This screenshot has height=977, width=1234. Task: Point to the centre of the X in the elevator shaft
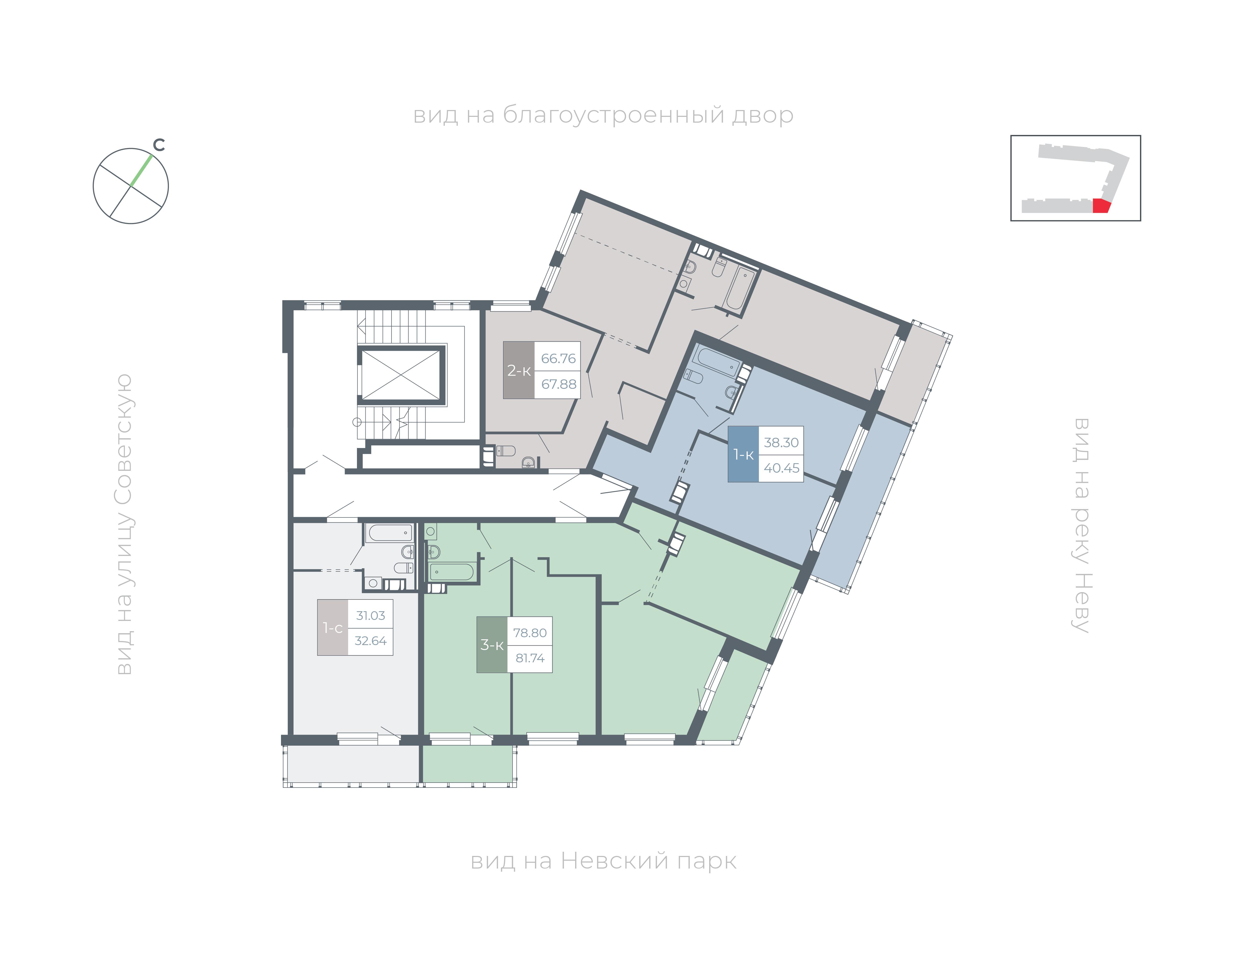(x=401, y=375)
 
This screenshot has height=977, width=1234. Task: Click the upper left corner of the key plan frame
(x=1011, y=135)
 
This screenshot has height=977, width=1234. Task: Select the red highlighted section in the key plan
(x=1101, y=206)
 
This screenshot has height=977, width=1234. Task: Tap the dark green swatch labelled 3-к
(x=492, y=645)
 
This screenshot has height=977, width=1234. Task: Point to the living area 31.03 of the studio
(x=371, y=615)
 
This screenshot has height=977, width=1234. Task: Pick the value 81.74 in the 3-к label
(x=530, y=658)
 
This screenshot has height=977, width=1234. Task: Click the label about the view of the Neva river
(x=1081, y=525)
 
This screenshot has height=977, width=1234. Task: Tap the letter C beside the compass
(x=159, y=145)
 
